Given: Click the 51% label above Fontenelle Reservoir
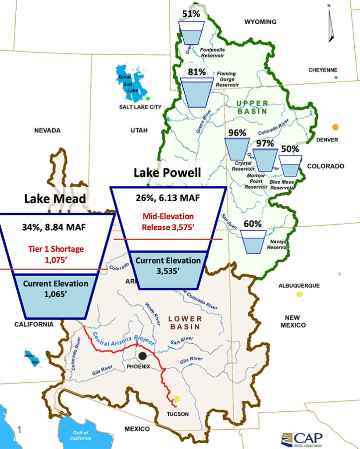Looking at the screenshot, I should tap(191, 14).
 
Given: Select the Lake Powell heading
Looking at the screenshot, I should tap(168, 173).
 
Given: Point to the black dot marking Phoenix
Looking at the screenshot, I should tap(143, 356).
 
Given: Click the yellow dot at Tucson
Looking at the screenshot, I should tap(177, 399).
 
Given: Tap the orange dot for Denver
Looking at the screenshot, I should tap(335, 127).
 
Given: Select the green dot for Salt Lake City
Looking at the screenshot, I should tap(148, 98).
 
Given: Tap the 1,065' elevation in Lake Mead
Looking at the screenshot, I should tap(55, 293).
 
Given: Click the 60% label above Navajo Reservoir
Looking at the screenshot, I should tap(253, 224).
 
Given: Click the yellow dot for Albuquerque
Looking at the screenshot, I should tap(299, 295).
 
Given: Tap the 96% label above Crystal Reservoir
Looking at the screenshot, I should tap(237, 132).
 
